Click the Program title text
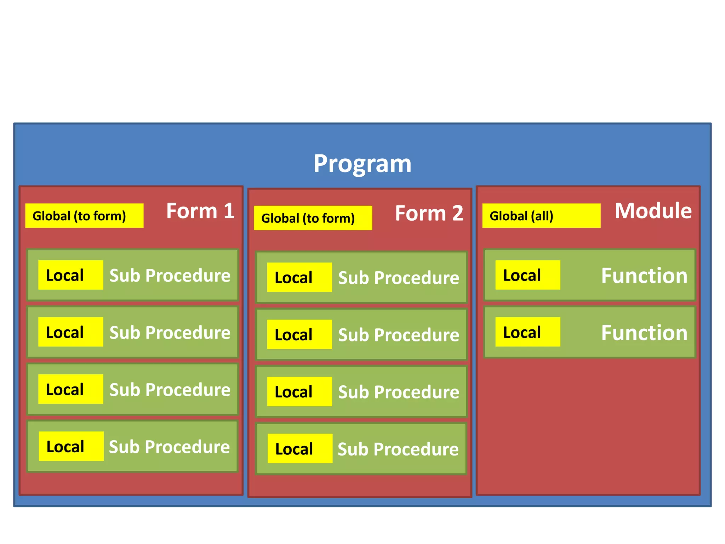[362, 164]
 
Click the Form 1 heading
[200, 211]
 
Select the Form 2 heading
[429, 213]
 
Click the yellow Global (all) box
[541, 216]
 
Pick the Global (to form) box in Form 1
[84, 216]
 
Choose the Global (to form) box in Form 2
[313, 218]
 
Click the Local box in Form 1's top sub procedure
[70, 275]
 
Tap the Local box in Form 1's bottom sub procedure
[71, 446]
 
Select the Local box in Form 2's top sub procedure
[299, 277]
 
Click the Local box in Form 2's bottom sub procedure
[300, 449]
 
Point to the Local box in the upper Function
[527, 275]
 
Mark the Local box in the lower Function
[527, 332]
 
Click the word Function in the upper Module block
[644, 276]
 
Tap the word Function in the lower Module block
[644, 333]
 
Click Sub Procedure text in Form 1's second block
[170, 333]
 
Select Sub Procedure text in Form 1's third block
[170, 390]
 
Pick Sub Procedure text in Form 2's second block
[399, 335]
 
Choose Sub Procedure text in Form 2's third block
[399, 392]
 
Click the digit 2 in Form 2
[457, 213]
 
